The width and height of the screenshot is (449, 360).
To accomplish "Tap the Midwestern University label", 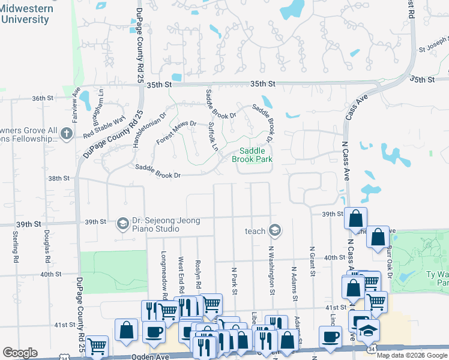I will click(25, 14).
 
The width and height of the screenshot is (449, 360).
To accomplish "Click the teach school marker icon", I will click(275, 230).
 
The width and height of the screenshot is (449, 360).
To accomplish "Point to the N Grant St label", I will click(312, 261).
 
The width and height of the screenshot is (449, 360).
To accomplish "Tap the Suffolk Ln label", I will click(212, 137).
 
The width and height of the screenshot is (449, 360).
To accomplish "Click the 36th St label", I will click(43, 98).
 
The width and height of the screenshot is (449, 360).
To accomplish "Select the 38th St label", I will click(59, 178).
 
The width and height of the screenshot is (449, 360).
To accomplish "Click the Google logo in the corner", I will click(20, 353).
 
